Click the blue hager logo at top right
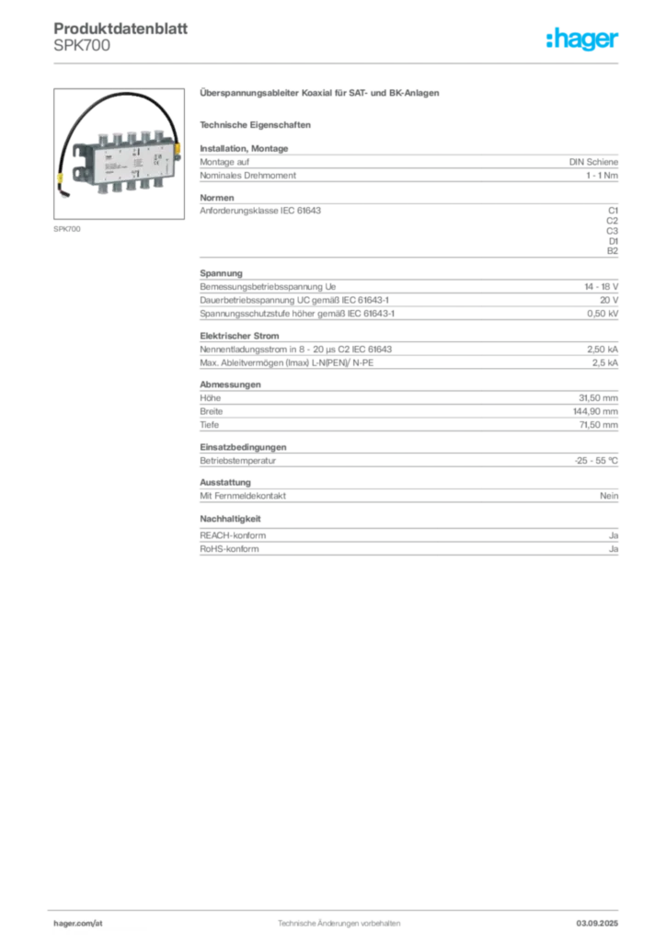[583, 40]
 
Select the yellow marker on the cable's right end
[178, 147]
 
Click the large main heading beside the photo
[320, 95]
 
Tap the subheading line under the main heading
[258, 124]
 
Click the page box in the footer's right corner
[603, 916]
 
